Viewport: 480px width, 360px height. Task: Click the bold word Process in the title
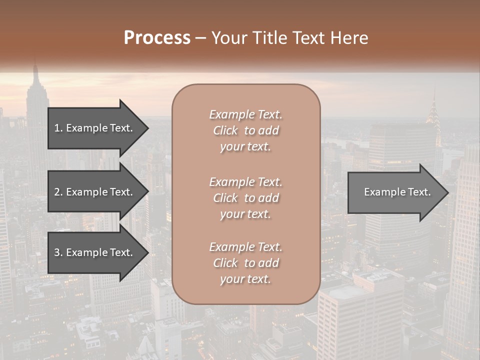[x=157, y=37]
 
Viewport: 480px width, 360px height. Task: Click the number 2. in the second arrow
[x=58, y=192]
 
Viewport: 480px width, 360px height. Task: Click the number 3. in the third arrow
[x=58, y=252]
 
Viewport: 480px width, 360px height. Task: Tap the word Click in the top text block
[x=225, y=130]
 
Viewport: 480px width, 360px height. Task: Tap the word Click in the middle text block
[x=225, y=198]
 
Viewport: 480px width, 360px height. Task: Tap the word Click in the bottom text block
[x=225, y=263]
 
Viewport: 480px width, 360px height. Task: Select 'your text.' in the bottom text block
[x=245, y=279]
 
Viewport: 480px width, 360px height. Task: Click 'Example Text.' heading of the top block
[x=245, y=114]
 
